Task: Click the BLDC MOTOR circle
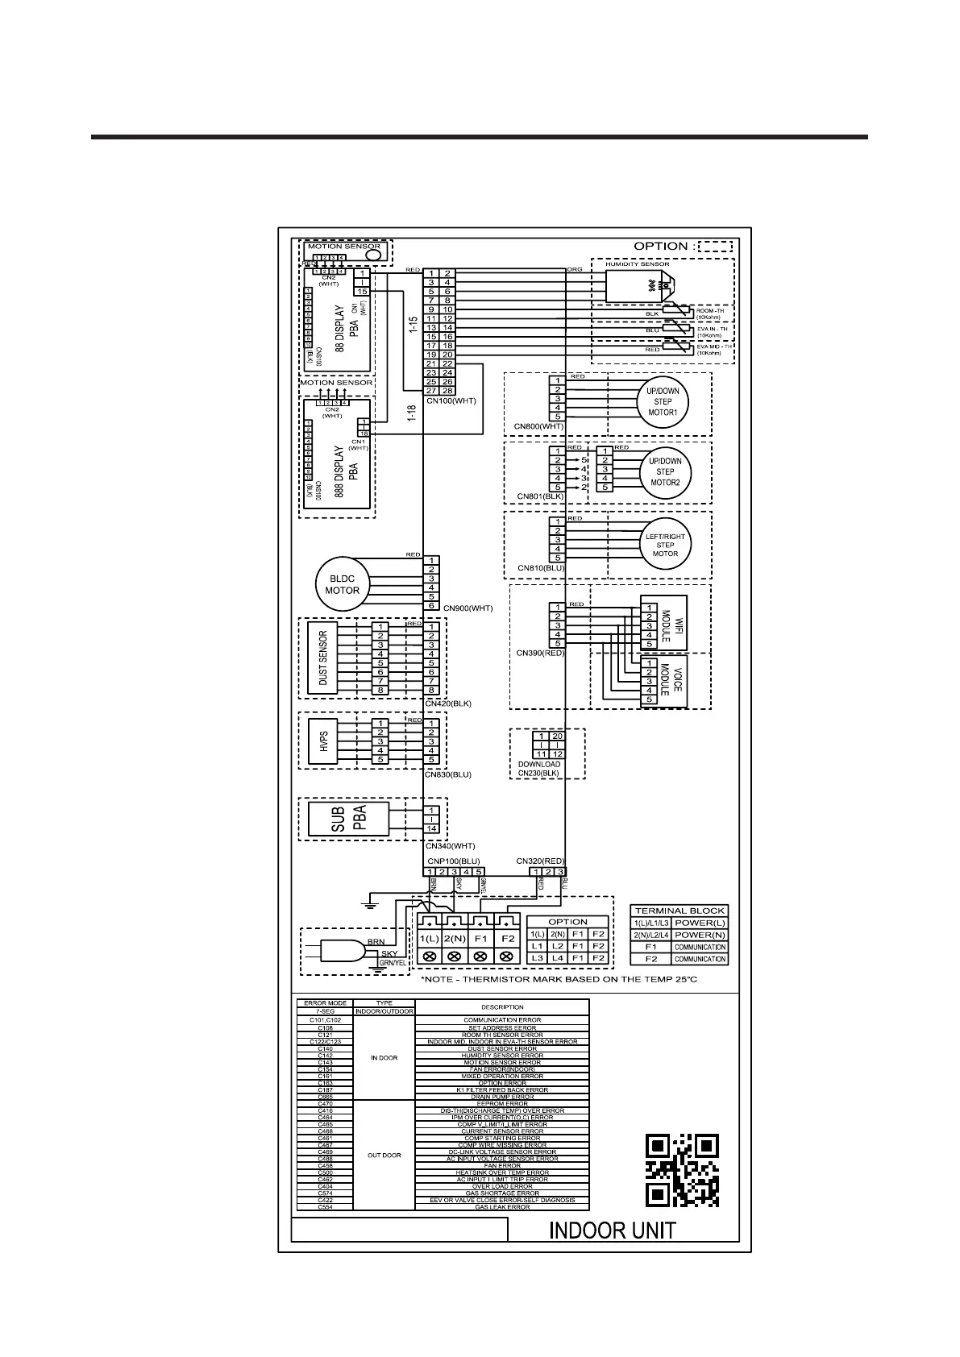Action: click(x=342, y=584)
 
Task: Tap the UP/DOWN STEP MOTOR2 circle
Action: click(x=665, y=472)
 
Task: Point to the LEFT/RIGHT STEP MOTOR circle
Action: click(x=665, y=545)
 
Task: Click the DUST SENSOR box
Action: click(x=322, y=658)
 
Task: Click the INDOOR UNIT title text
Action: click(x=612, y=1230)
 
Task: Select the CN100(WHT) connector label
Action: click(x=450, y=400)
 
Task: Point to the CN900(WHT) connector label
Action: click(x=468, y=608)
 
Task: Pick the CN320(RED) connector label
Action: click(x=540, y=861)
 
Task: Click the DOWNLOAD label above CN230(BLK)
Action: click(x=538, y=764)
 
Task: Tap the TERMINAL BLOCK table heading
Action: click(x=679, y=911)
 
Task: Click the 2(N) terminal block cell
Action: click(x=454, y=939)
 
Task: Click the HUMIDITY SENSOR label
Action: click(x=637, y=264)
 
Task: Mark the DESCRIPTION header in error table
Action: click(x=502, y=1007)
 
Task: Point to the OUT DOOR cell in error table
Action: click(x=384, y=1156)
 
